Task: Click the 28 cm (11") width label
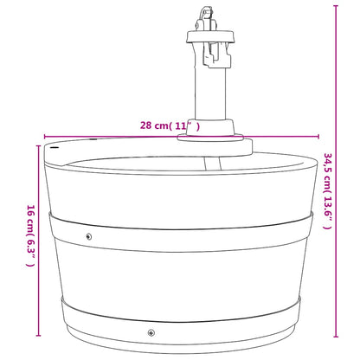pos(170,126)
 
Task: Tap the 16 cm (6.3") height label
pos(31,235)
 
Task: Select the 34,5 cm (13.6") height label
pos(328,191)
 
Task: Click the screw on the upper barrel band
pos(89,237)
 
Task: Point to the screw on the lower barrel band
pos(151,332)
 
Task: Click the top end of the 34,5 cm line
pos(336,6)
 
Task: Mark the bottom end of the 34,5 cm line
pos(336,337)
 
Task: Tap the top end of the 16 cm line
pos(38,146)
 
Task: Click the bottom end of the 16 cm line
pos(38,336)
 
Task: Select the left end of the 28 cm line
pos(44,137)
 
